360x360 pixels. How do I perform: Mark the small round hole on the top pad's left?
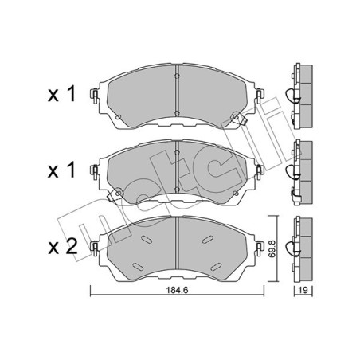tap(119, 119)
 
